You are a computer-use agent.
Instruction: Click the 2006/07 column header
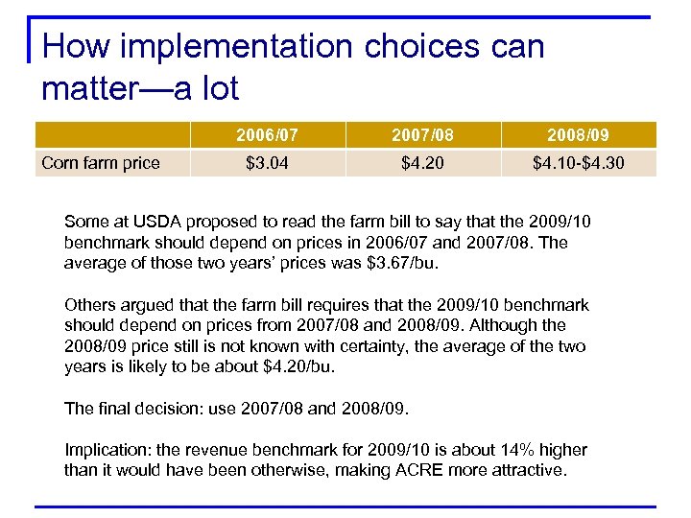267,135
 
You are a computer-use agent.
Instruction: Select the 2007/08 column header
422,135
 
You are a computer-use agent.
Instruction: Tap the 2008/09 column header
578,135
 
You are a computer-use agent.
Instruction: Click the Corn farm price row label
101,163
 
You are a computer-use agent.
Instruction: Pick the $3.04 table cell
267,163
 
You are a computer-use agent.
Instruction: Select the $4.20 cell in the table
422,163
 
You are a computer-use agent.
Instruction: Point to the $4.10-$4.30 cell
578,163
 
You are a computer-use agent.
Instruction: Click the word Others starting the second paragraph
89,305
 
